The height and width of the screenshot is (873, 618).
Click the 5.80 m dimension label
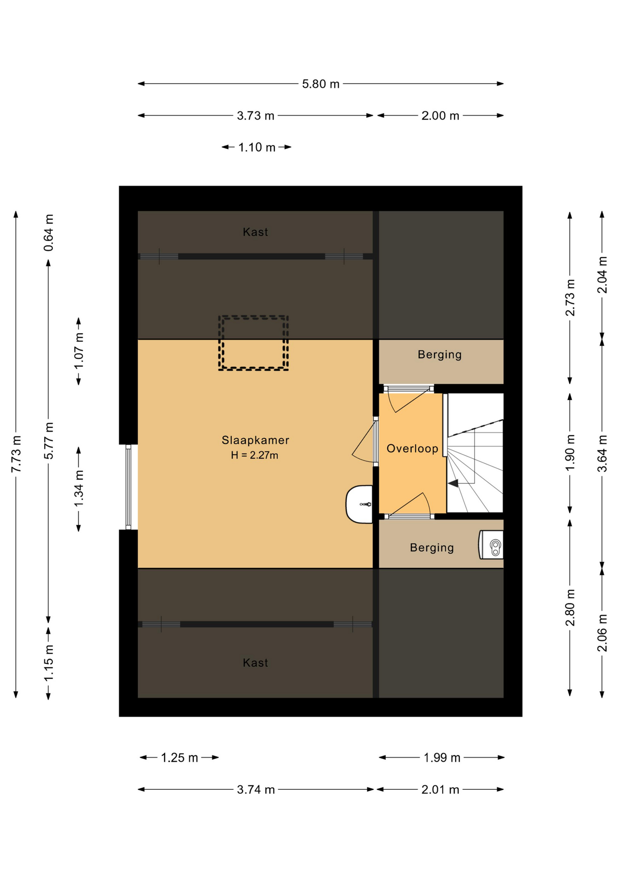[320, 84]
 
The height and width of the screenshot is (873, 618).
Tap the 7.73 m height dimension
[16, 453]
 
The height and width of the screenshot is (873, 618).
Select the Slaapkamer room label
[255, 440]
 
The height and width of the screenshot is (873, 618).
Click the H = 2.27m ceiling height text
[254, 455]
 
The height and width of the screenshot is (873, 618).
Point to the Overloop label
[412, 449]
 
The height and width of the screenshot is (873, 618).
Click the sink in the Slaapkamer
[360, 504]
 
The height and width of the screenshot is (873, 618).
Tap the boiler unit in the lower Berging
[491, 545]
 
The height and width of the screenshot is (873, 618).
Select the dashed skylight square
[253, 343]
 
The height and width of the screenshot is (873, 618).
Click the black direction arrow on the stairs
[453, 483]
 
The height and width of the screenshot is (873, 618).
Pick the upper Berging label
[440, 355]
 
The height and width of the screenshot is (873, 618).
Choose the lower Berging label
[431, 547]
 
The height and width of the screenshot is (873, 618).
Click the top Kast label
[255, 232]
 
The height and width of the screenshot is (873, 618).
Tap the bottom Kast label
[255, 663]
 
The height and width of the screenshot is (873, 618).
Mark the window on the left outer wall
[128, 487]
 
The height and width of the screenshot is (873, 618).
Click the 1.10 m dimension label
[257, 147]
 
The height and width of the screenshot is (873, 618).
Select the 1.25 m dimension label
[179, 758]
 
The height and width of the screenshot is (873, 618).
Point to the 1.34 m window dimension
[79, 489]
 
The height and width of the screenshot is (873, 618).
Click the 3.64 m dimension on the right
[602, 453]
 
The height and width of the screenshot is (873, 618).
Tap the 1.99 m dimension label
[441, 758]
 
